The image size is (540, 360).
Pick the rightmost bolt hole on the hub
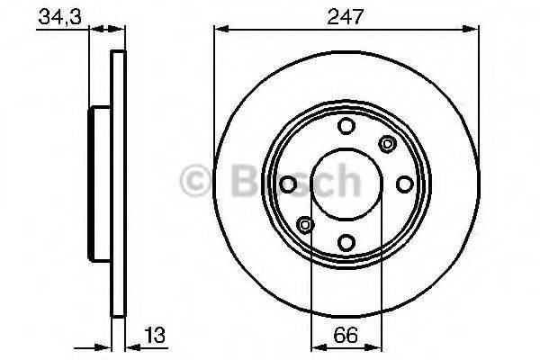(x=404, y=184)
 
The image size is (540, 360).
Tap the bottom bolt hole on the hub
(x=346, y=241)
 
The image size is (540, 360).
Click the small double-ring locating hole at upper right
(x=388, y=142)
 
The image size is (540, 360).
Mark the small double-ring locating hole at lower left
(x=305, y=224)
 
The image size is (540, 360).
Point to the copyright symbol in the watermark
(x=197, y=182)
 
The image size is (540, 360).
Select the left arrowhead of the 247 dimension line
(x=219, y=30)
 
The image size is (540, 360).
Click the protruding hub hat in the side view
(x=97, y=184)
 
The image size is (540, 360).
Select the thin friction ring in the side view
(x=116, y=184)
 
